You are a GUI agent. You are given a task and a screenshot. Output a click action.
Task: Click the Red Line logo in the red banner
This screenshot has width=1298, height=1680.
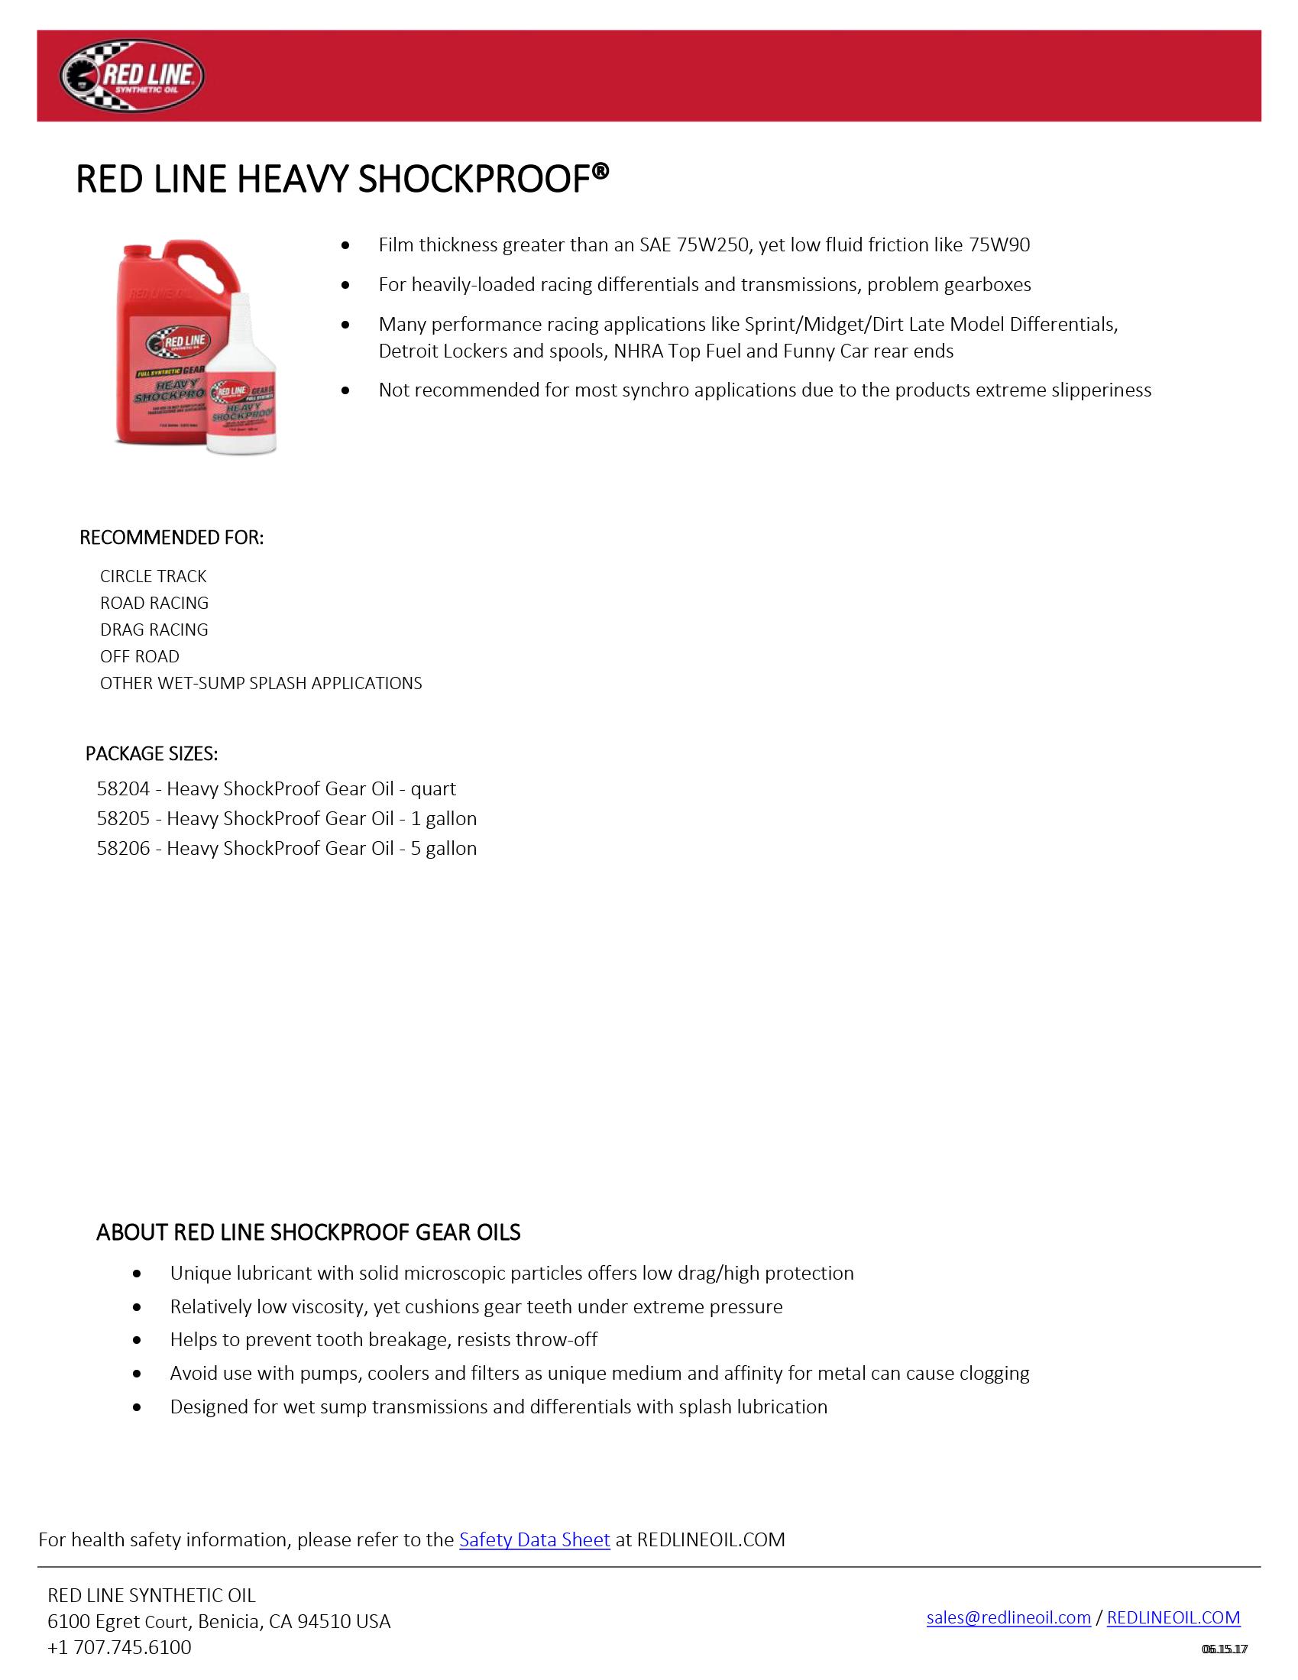pyautogui.click(x=131, y=76)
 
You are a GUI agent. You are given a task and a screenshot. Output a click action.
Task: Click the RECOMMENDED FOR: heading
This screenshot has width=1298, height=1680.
pyautogui.click(x=172, y=538)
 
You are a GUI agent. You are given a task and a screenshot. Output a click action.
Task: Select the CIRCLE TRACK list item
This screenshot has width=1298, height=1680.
pyautogui.click(x=153, y=576)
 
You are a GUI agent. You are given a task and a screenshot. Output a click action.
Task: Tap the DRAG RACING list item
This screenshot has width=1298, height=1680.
pyautogui.click(x=154, y=630)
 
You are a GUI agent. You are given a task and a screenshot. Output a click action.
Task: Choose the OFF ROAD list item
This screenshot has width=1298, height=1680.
pyautogui.click(x=139, y=657)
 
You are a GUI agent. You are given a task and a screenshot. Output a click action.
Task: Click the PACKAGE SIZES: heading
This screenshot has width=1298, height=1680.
pyautogui.click(x=151, y=754)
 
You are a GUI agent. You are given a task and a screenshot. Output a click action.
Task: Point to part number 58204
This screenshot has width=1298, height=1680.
pyautogui.click(x=123, y=789)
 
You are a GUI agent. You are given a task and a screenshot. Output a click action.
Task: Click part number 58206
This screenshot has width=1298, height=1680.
pyautogui.click(x=123, y=849)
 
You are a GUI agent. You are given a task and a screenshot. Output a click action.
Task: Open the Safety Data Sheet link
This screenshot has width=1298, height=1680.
pyautogui.click(x=534, y=1540)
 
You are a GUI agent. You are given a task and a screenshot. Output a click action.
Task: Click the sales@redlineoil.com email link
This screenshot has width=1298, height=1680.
pyautogui.click(x=1008, y=1617)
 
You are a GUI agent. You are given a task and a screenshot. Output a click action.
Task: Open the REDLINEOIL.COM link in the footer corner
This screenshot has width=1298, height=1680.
pyautogui.click(x=1173, y=1617)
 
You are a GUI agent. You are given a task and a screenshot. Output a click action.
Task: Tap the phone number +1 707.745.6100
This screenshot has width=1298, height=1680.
pyautogui.click(x=119, y=1648)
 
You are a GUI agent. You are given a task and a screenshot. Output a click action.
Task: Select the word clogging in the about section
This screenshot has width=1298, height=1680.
pyautogui.click(x=993, y=1374)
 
